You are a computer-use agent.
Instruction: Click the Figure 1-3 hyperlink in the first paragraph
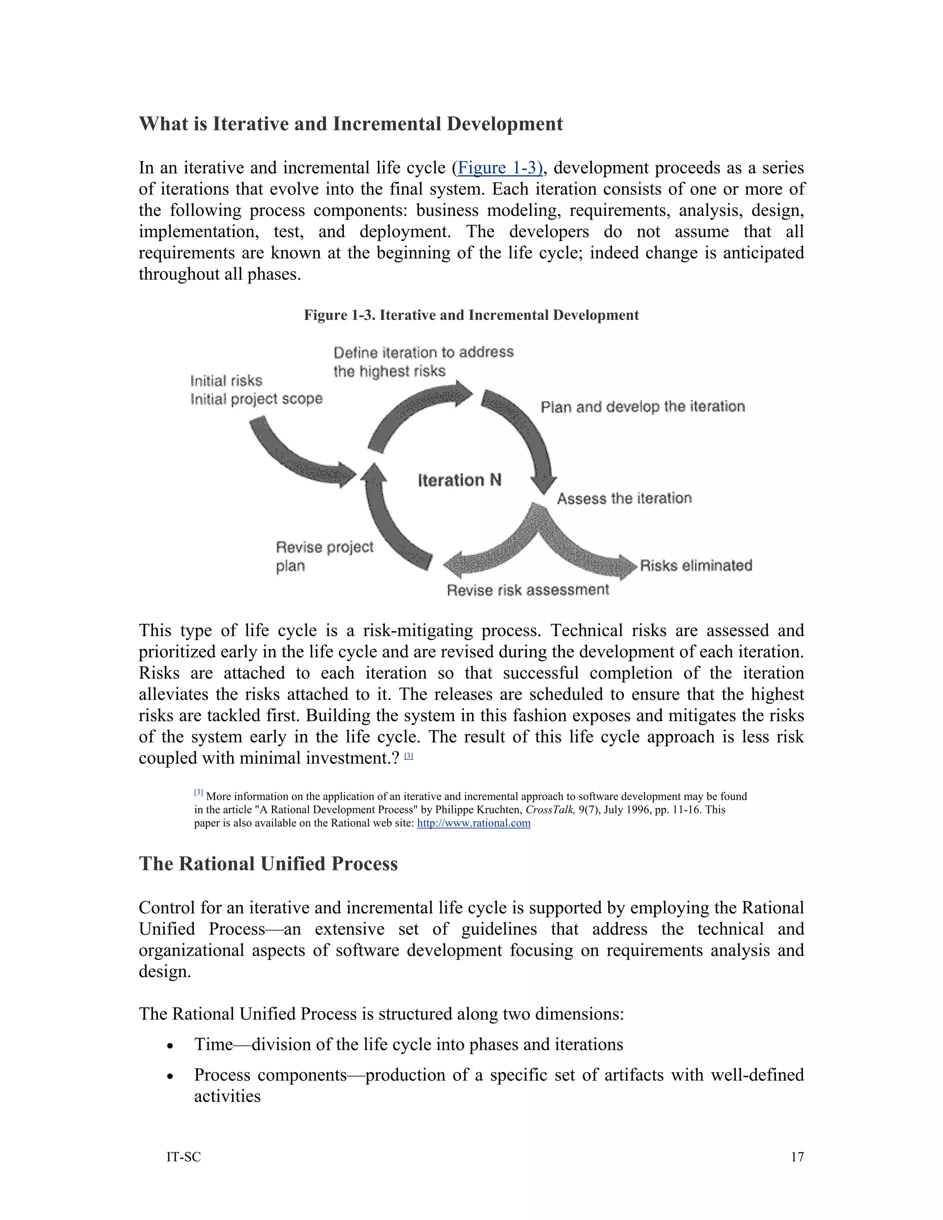tap(499, 168)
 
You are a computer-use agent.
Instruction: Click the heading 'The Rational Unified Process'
tap(268, 864)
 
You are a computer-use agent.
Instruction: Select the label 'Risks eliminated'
tap(696, 565)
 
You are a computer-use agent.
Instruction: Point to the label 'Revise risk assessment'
tap(527, 590)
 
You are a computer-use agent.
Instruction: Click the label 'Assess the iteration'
tap(624, 498)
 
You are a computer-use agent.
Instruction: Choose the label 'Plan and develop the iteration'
tap(642, 407)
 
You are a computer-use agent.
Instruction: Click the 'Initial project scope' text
tap(256, 399)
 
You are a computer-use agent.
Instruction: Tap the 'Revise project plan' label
tap(324, 556)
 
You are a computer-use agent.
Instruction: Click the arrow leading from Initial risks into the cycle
tap(296, 456)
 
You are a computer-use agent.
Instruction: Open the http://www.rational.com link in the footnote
tap(474, 824)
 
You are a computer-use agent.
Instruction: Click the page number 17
tap(797, 1157)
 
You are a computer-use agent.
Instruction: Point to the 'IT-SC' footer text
tap(183, 1157)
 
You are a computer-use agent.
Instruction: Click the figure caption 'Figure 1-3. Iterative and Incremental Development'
tap(471, 315)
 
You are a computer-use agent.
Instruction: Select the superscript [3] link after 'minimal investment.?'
tap(408, 756)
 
